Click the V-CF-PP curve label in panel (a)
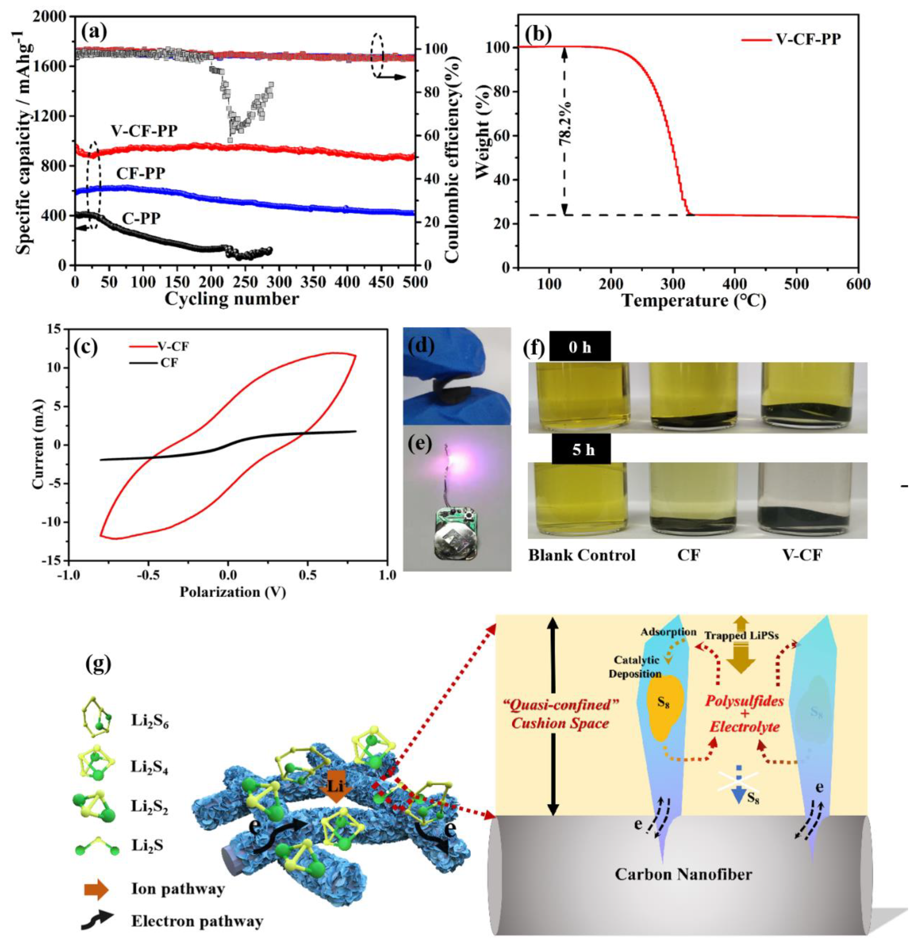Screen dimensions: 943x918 point(144,131)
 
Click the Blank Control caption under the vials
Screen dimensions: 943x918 point(582,555)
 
